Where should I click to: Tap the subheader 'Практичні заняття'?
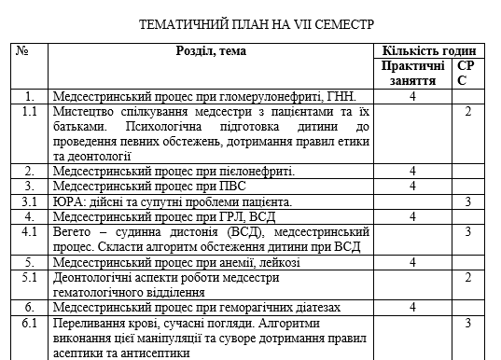(x=412, y=74)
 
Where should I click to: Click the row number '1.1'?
(x=30, y=112)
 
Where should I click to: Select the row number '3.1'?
(x=30, y=201)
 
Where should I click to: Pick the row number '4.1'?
(x=30, y=230)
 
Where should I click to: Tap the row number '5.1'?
(x=30, y=277)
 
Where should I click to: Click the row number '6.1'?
(x=30, y=323)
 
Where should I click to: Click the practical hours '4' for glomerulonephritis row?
(x=411, y=96)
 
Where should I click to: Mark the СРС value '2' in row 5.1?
(x=467, y=277)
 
